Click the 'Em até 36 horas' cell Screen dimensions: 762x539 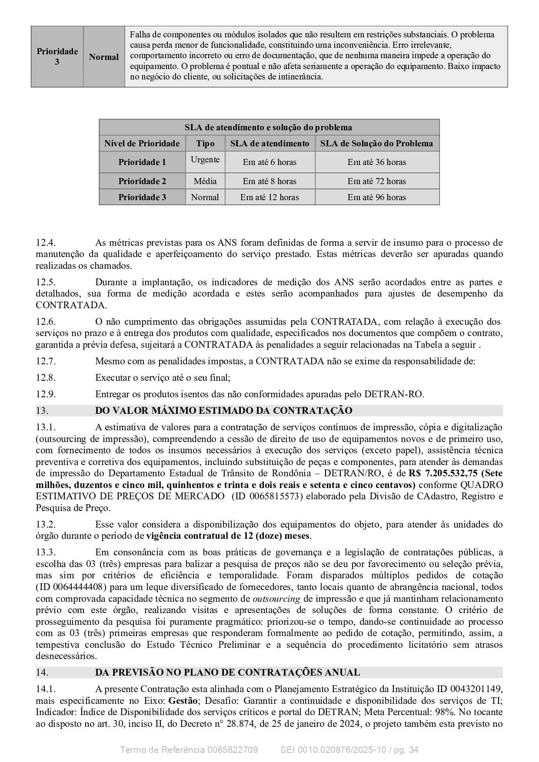[376, 162]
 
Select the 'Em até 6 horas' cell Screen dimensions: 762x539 [269, 162]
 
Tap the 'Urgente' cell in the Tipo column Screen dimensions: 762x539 [205, 159]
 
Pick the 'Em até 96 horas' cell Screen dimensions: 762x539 [376, 197]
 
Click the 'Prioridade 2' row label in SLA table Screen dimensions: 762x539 [142, 181]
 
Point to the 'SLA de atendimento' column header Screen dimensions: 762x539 [269, 143]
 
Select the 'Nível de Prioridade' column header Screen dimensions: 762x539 [142, 143]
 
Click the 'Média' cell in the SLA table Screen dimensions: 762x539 [205, 181]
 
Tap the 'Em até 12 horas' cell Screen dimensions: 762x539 [269, 197]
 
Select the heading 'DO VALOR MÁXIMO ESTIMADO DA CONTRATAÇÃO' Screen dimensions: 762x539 [223, 410]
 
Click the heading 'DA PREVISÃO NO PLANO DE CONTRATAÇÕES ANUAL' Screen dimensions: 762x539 [227, 673]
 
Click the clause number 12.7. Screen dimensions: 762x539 [46, 361]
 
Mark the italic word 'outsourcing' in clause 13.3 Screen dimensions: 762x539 [276, 599]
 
